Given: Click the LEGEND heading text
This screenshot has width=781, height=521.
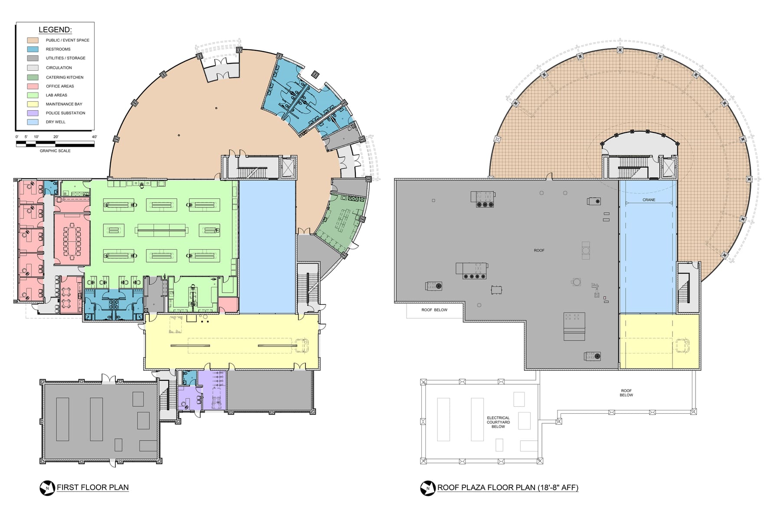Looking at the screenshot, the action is (55, 30).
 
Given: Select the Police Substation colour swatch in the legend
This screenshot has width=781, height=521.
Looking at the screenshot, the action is (33, 113).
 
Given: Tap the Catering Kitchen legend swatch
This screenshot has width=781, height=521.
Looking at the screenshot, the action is (33, 77).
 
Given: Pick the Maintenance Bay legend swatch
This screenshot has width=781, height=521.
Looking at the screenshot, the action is (33, 104).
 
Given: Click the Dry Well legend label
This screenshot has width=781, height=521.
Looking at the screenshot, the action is (56, 122).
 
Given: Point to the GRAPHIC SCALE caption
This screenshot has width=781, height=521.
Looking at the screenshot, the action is (55, 151).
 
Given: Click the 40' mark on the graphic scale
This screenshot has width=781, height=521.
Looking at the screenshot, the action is (94, 137).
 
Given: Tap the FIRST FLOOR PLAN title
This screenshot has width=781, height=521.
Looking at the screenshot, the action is (93, 487).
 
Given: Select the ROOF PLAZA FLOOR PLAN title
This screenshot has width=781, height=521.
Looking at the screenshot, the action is (508, 487).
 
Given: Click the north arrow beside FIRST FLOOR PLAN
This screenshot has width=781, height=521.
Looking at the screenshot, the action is (47, 488).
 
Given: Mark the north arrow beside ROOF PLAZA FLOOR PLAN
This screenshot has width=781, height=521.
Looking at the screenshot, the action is (428, 488).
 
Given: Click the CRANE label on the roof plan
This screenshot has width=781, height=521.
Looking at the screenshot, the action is (649, 200).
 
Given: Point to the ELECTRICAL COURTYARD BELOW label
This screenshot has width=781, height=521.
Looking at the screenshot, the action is (498, 422).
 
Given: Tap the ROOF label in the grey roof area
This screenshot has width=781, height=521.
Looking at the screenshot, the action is (539, 251).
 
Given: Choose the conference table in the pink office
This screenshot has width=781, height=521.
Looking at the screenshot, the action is (72, 241).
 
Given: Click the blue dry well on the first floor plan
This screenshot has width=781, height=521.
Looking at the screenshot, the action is (267, 247).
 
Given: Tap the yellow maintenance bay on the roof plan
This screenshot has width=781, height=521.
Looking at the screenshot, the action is (659, 341).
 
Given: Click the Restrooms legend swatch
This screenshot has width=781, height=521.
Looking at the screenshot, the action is (33, 49).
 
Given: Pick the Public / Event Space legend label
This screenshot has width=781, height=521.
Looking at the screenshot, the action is (68, 40).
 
